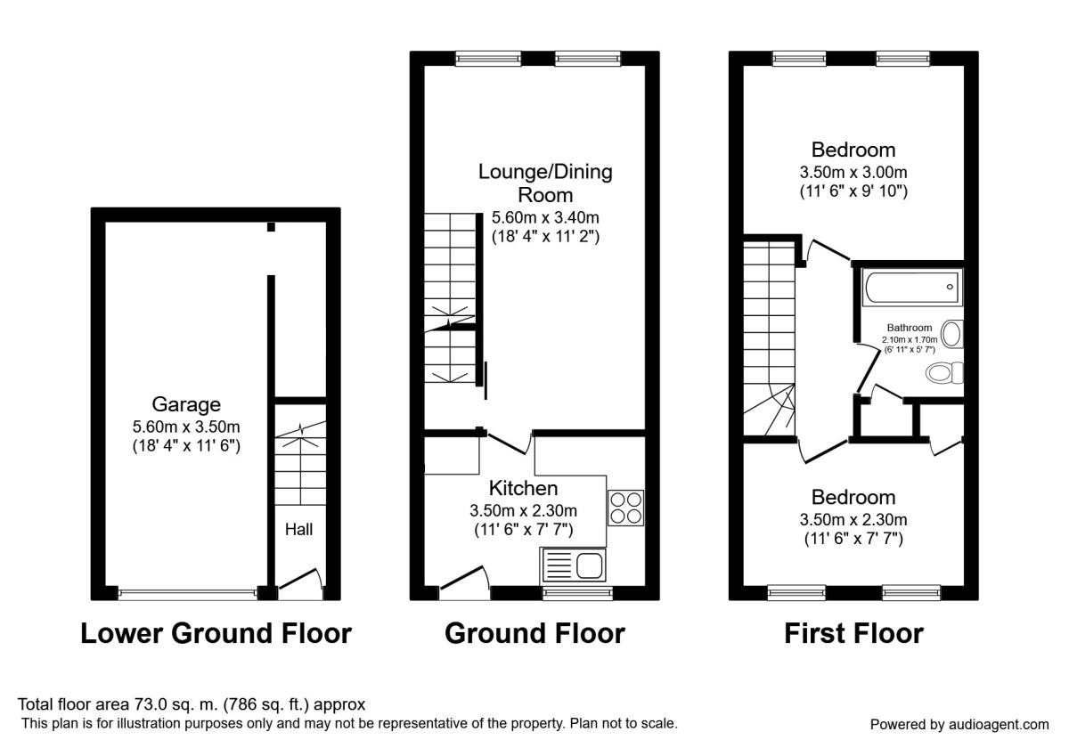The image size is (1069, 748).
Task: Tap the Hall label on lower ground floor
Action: point(298,529)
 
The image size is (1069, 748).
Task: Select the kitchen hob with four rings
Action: point(625,508)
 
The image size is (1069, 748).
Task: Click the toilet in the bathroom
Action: point(943,372)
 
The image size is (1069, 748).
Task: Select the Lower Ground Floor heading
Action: point(216,633)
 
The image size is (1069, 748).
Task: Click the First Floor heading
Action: point(853,633)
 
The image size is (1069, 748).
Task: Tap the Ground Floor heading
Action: point(534,633)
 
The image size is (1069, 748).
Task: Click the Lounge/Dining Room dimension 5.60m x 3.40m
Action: point(545,216)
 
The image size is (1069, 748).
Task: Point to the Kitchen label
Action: point(523,488)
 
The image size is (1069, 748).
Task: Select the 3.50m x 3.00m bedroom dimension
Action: point(853,172)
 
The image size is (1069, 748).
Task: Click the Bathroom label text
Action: point(910,328)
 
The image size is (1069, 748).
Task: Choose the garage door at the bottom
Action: point(187,592)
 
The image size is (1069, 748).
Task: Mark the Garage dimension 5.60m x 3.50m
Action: point(185,425)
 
